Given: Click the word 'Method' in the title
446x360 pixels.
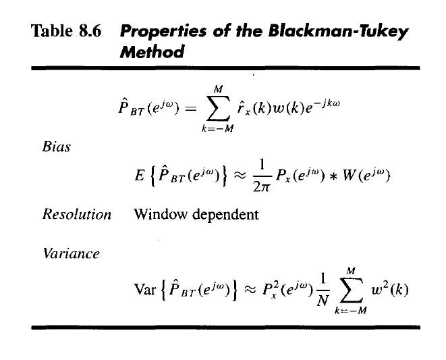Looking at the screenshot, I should (151, 53).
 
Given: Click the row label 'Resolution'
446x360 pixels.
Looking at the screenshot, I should (76, 215).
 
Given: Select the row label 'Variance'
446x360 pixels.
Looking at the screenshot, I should (71, 254).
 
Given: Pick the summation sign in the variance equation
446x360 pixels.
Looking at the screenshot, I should (347, 290).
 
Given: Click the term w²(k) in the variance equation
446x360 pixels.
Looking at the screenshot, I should (391, 290).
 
